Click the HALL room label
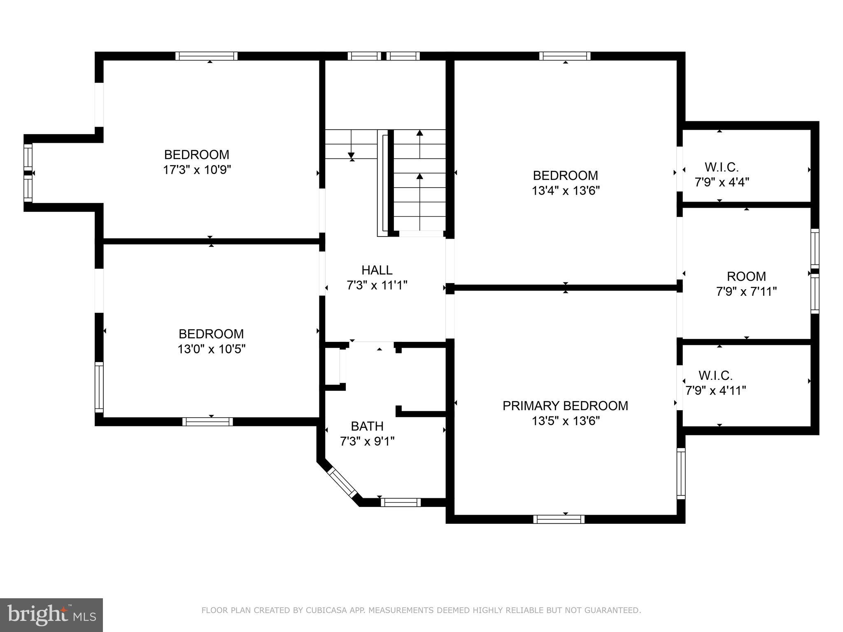click(377, 270)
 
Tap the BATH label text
click(367, 426)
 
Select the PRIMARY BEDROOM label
click(565, 406)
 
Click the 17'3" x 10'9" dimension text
click(197, 170)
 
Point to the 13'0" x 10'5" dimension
click(212, 349)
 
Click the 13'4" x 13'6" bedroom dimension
click(566, 191)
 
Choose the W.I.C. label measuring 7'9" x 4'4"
click(722, 167)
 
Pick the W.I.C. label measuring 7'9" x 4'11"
click(715, 375)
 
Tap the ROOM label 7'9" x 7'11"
click(746, 276)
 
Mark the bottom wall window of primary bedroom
click(559, 519)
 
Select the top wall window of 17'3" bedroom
click(207, 56)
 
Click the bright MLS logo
click(51, 615)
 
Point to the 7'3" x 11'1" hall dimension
click(377, 285)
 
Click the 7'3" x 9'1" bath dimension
click(367, 441)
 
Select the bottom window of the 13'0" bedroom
click(207, 422)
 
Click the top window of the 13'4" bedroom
click(565, 56)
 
